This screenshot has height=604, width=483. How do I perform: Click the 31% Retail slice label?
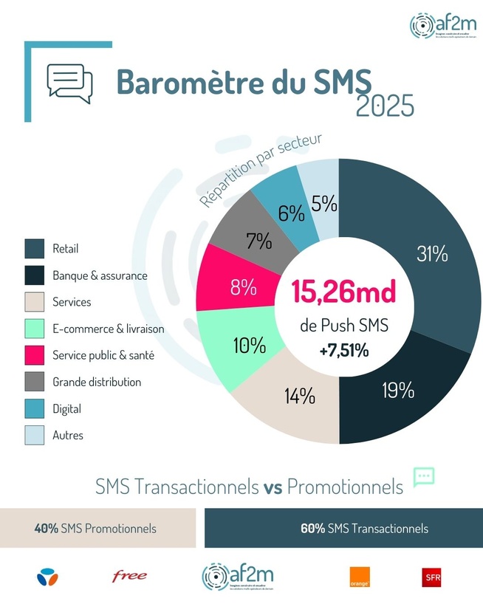pyautogui.click(x=432, y=255)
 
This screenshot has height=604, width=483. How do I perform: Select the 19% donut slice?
pyautogui.click(x=399, y=389)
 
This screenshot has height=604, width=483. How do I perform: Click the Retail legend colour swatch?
pyautogui.click(x=35, y=249)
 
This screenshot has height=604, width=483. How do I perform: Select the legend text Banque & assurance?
pyautogui.click(x=100, y=275)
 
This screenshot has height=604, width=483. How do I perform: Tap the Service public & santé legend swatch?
pyautogui.click(x=35, y=355)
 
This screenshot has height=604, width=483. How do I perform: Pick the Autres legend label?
pyautogui.click(x=68, y=435)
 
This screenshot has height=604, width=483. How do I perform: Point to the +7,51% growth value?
pyautogui.click(x=344, y=351)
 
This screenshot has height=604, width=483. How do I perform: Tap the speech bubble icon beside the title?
pyautogui.click(x=69, y=81)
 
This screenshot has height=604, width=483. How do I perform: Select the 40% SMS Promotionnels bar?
pyautogui.click(x=97, y=529)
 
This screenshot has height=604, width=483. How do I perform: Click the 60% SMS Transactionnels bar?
pyautogui.click(x=343, y=529)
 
